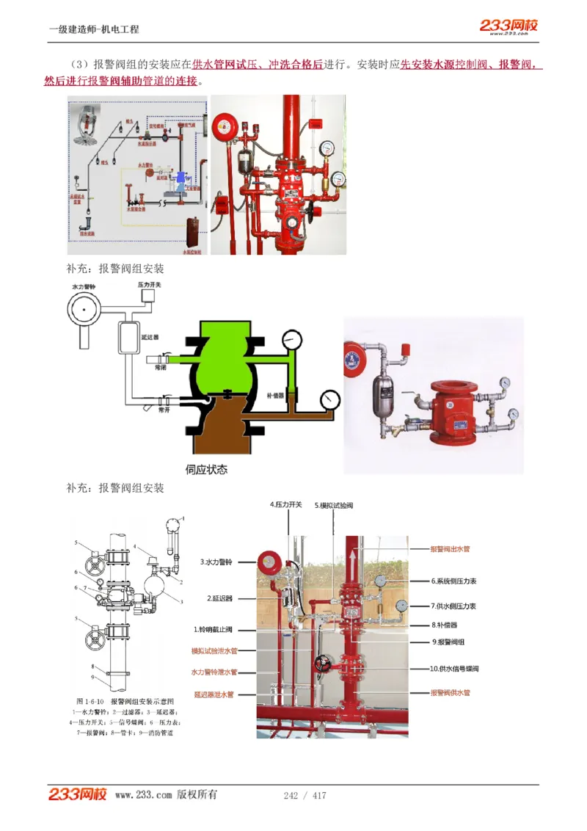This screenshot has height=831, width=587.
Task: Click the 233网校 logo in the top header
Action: coord(508,26)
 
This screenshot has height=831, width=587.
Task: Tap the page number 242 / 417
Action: coord(305,796)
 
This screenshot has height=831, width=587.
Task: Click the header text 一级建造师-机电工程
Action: coord(94,29)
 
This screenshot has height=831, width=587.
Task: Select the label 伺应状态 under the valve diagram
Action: coord(206,469)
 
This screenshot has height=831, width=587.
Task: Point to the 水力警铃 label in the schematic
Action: coord(85,285)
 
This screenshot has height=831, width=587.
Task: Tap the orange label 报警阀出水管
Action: coord(450,548)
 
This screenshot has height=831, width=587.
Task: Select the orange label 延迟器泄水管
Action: coord(214,694)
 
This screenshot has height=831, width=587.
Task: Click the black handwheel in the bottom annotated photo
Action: coord(324,665)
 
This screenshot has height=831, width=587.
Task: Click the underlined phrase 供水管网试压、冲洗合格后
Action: coord(258,65)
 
